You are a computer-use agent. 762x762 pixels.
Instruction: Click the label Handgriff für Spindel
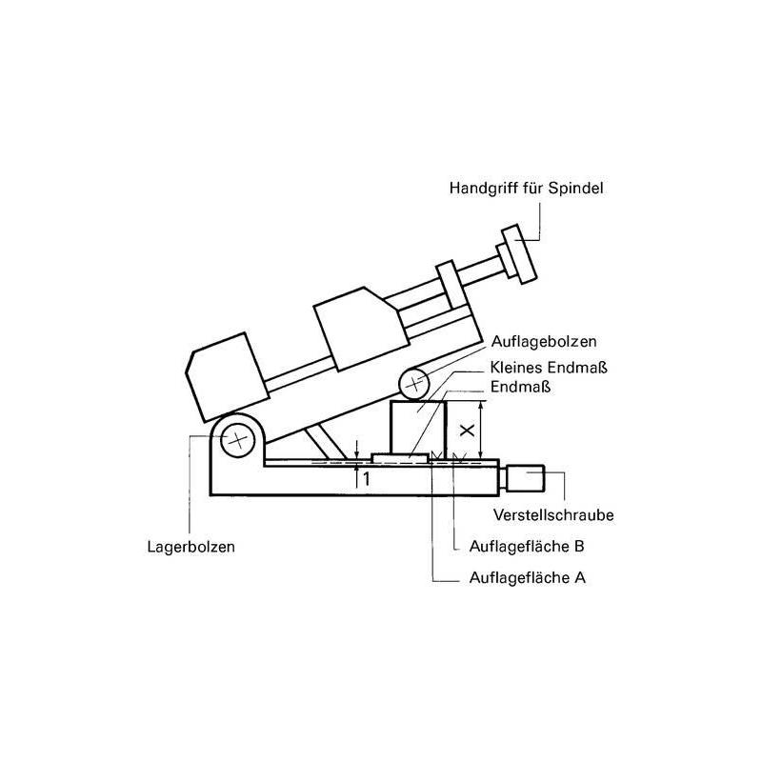[x=526, y=189]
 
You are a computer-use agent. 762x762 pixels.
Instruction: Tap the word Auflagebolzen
[x=545, y=341]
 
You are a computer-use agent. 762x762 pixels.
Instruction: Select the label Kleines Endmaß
[x=551, y=367]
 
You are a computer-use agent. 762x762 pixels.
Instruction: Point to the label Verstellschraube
[x=553, y=515]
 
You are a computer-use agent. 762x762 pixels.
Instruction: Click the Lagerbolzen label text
[x=190, y=548]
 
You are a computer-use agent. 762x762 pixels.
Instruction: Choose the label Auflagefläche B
[x=527, y=547]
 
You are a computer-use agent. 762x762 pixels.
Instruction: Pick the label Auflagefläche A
[x=527, y=577]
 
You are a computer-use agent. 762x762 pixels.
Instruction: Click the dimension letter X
[x=466, y=430]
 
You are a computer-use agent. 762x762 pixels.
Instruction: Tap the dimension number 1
[x=364, y=479]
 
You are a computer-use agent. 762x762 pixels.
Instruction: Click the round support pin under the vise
[x=415, y=384]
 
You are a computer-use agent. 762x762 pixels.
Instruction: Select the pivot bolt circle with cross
[x=234, y=440]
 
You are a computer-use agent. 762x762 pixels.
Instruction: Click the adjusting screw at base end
[x=526, y=476]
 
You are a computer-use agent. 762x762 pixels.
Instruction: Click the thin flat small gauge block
[x=400, y=458]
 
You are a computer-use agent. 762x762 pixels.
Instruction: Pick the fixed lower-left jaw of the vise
[x=226, y=374]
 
